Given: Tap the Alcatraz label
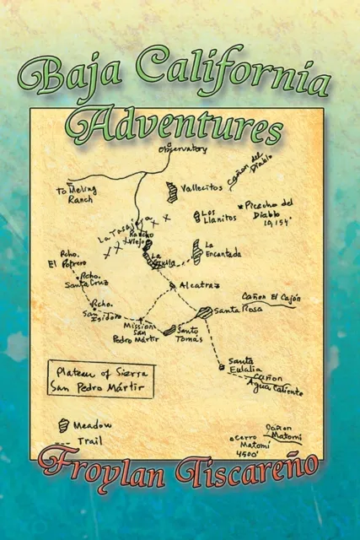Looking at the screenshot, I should (x=201, y=286).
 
